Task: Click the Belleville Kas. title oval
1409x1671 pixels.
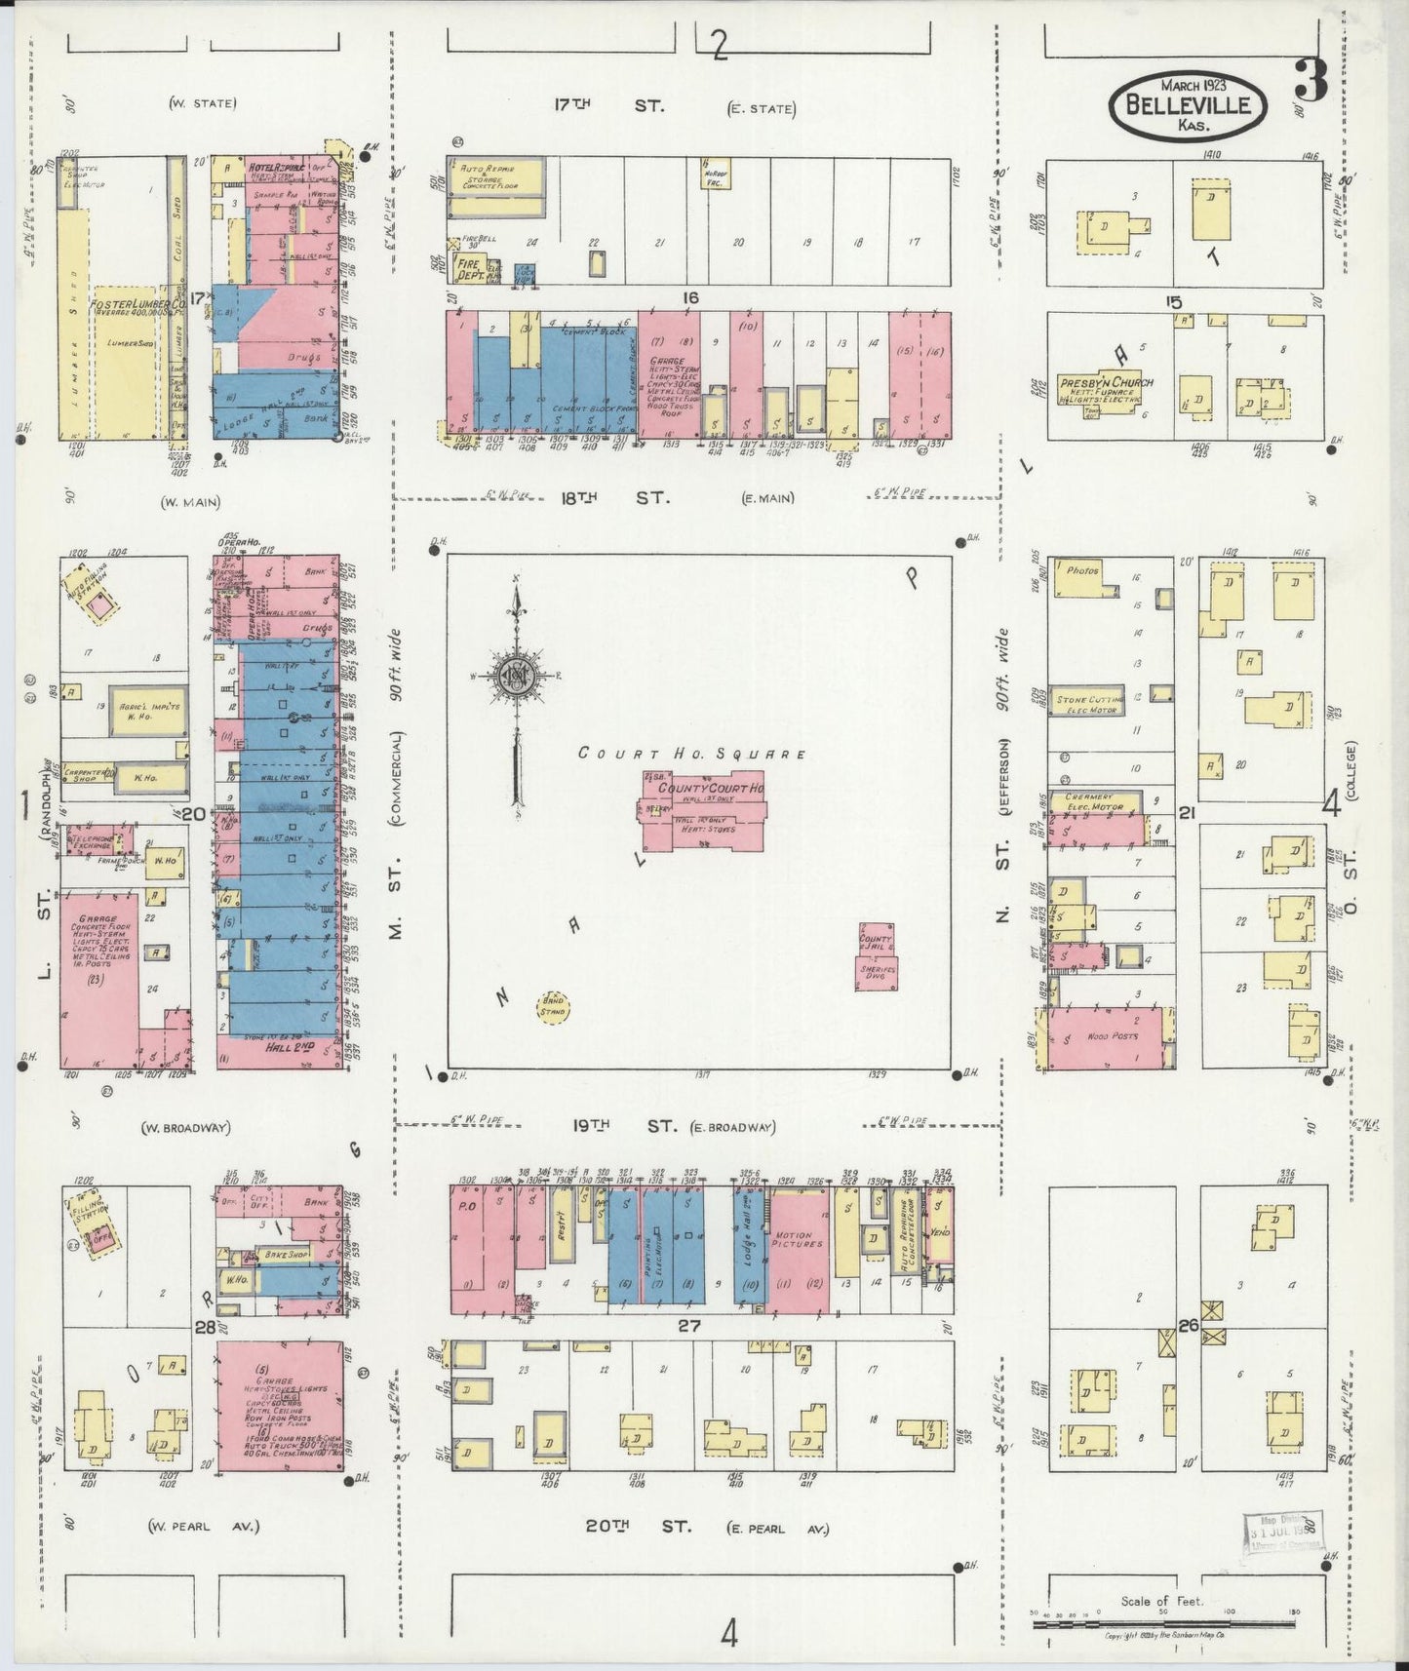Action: tap(1188, 106)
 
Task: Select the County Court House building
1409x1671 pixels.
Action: tap(702, 810)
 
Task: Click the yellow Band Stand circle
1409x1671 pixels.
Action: tap(553, 1006)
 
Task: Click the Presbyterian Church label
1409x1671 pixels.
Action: tap(1107, 382)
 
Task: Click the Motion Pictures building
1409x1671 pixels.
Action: tap(800, 1243)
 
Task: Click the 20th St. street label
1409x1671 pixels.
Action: tap(638, 1526)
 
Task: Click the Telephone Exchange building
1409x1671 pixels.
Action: tap(96, 839)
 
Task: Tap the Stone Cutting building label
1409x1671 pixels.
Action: tap(1084, 700)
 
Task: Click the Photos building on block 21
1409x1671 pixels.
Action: tap(1082, 571)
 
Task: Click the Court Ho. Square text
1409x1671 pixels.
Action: tap(691, 754)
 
